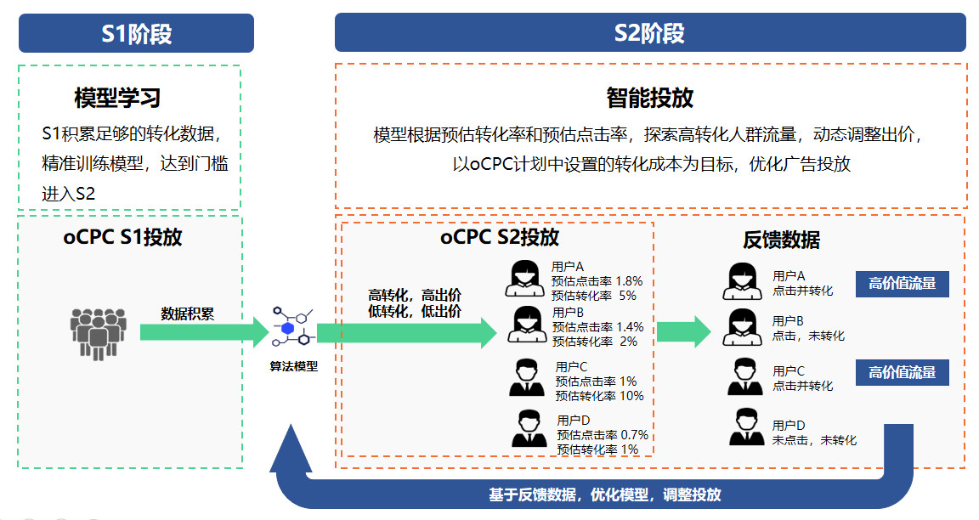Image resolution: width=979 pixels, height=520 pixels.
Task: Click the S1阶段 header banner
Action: (x=136, y=33)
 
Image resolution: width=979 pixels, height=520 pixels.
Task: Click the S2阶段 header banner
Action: (x=649, y=33)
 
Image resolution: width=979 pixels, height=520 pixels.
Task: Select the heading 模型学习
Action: (x=117, y=98)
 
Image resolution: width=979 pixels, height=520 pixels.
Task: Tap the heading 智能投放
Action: (x=649, y=98)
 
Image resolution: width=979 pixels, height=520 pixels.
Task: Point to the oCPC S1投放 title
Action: (x=122, y=237)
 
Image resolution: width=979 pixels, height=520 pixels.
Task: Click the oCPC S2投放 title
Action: (x=500, y=237)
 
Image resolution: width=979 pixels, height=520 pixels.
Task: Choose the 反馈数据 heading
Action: (x=781, y=240)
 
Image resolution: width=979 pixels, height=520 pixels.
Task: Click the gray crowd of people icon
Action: (x=98, y=332)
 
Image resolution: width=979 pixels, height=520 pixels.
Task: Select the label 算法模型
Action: (x=293, y=367)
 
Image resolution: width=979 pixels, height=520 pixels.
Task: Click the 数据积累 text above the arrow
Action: (x=188, y=314)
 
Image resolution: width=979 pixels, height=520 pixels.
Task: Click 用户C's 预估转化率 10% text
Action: (x=599, y=395)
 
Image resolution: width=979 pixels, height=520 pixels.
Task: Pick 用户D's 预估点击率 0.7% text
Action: (x=603, y=435)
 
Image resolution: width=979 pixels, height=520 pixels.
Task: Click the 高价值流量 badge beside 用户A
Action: (x=902, y=284)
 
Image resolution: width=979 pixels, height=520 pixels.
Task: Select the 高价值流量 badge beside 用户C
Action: (x=902, y=372)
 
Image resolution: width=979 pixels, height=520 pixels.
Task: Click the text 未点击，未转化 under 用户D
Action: (x=814, y=440)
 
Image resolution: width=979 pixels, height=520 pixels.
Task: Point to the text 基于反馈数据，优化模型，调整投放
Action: (x=604, y=495)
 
